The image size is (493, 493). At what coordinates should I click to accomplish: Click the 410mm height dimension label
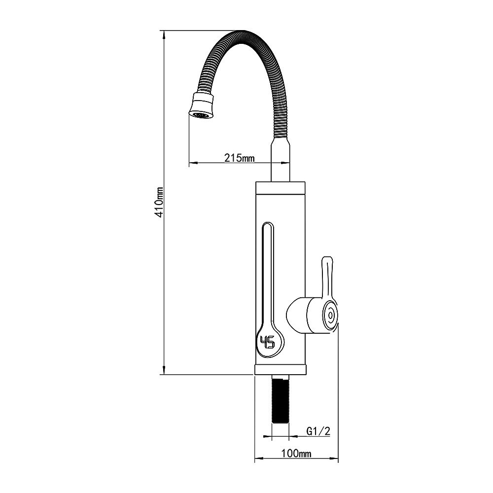(x=160, y=202)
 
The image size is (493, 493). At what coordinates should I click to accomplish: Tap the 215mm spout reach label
(x=239, y=158)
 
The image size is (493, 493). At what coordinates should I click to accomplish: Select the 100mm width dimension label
(x=296, y=454)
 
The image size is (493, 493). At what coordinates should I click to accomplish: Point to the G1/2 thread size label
(x=318, y=431)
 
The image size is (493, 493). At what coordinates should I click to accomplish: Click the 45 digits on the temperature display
(x=267, y=342)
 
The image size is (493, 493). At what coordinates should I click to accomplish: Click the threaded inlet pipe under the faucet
(x=280, y=399)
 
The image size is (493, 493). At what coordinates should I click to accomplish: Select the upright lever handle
(x=328, y=277)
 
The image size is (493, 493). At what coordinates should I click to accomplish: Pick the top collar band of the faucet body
(x=280, y=188)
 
